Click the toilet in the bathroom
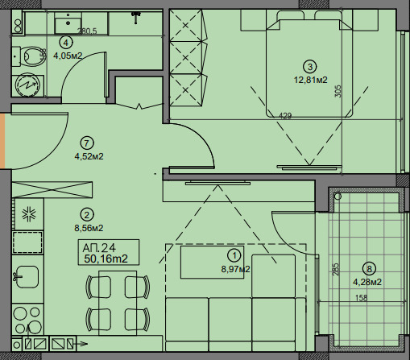pos(29,56)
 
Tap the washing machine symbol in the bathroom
pos(28,85)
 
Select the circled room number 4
pos(66,43)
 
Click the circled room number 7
pos(86,143)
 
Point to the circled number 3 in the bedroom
pos(310,67)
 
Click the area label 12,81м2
pos(311,80)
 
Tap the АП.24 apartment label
pos(99,248)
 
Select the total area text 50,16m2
pos(106,259)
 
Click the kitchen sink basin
pos(27,276)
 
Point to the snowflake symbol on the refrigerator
pos(29,214)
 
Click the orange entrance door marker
pos(2,141)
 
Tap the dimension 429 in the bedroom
pos(285,116)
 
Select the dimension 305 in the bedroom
pos(338,91)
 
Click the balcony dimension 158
pos(361,298)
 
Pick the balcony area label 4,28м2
pos(367,282)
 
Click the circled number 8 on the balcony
pos(369,269)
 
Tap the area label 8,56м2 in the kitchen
pos(89,228)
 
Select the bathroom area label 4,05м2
pos(68,56)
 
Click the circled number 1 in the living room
pos(234,255)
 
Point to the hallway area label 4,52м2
pos(89,156)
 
